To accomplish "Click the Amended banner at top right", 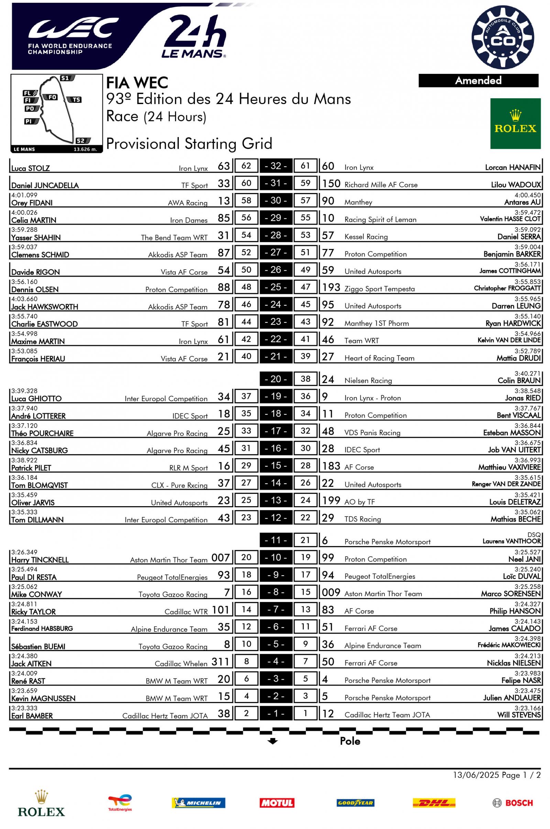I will (x=478, y=81).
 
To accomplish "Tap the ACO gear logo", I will (x=503, y=37).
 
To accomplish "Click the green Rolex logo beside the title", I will (x=515, y=123).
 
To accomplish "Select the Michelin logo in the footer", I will (x=198, y=803).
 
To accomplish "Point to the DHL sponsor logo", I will (x=434, y=803).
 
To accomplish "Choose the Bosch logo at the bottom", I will (x=513, y=803).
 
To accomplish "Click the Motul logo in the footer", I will (x=276, y=803).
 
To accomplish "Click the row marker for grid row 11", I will (x=276, y=540).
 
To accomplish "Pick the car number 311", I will (x=220, y=662).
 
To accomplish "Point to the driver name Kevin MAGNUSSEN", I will (x=43, y=698).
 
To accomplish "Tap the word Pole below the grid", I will (x=350, y=741).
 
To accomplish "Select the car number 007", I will (x=220, y=558).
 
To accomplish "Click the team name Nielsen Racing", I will (x=368, y=381).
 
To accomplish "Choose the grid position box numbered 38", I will (x=305, y=379).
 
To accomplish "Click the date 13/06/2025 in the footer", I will (x=476, y=775).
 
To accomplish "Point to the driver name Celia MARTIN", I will (x=34, y=220).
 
